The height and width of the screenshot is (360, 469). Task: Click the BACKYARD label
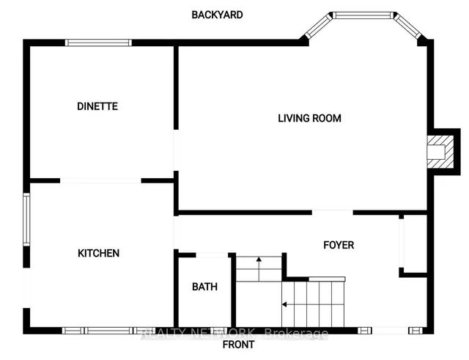coord(217,15)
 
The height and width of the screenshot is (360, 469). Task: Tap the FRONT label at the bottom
coord(238,345)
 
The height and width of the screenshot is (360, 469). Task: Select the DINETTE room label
coord(97,106)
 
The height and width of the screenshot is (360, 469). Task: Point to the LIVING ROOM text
coord(309,118)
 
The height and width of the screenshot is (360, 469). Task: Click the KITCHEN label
coord(99,253)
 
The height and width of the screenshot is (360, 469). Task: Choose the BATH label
coord(204,287)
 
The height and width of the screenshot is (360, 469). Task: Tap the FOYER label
coord(339,245)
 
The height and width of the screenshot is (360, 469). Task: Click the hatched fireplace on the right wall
coord(440,152)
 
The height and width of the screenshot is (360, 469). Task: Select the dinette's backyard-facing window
coord(98,43)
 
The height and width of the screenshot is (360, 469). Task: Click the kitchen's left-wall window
coord(26,219)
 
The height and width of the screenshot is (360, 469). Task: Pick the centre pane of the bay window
coord(363,15)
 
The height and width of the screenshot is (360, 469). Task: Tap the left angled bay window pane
coord(319,26)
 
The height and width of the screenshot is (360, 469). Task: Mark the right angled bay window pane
coord(407,26)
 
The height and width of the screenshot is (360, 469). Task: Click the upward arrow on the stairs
coord(259,269)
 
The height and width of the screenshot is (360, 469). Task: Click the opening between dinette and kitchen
coord(100,180)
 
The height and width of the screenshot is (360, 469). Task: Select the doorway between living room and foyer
coord(332,213)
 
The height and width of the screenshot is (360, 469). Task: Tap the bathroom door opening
coord(212,255)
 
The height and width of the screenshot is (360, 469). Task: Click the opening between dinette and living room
coord(176,150)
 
